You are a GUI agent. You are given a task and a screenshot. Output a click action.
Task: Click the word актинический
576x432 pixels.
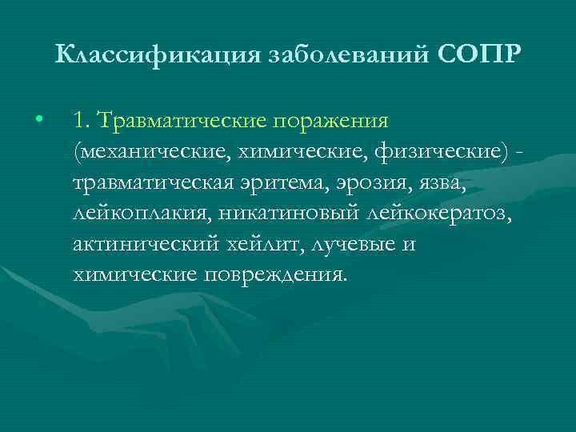150,244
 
